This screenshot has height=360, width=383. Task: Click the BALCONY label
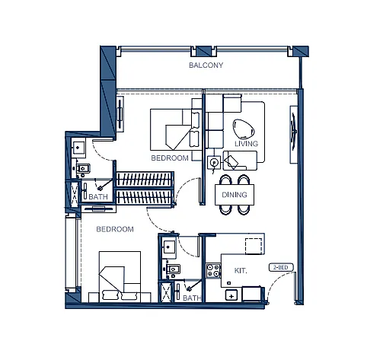coord(206,65)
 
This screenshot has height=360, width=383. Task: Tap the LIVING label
coord(246,144)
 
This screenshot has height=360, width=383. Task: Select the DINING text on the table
coord(235,195)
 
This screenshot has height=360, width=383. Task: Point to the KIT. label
coord(241,271)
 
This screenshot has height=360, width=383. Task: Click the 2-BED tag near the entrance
coord(281,267)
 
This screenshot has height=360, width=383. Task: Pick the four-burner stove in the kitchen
coord(213,270)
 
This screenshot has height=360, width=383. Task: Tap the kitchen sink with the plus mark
coord(231,296)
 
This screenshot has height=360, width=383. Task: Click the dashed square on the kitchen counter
coord(254,246)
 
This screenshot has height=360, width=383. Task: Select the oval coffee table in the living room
coord(244,129)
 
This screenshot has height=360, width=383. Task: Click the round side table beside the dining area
coord(214,162)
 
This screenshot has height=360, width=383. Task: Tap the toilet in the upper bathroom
coord(82,168)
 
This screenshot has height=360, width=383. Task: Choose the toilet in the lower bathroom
coord(173,269)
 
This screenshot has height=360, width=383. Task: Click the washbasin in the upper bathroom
coord(78,148)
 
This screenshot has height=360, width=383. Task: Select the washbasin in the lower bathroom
coord(169,247)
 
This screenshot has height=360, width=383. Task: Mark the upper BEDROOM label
coord(170,158)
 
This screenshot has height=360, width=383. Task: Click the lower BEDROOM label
coord(115,229)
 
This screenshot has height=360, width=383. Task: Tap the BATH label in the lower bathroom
coord(192,298)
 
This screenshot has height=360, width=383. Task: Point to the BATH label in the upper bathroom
coord(98,196)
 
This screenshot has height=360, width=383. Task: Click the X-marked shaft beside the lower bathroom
coord(166,292)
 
